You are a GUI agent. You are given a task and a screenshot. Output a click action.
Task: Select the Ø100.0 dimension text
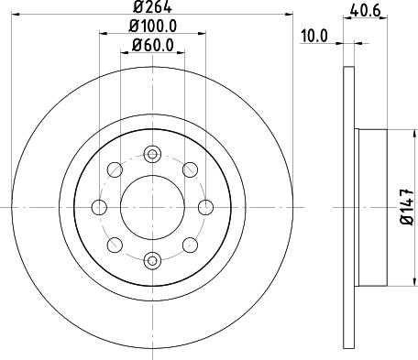(152, 27)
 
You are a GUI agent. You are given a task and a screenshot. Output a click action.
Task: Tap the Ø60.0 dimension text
(152, 45)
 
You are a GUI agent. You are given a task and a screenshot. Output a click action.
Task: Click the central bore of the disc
(152, 206)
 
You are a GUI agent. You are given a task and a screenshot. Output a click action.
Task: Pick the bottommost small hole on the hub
(152, 260)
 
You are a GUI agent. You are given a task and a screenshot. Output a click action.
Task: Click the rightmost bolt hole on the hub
(206, 206)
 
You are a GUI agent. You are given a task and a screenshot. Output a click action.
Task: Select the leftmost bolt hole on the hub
(98, 206)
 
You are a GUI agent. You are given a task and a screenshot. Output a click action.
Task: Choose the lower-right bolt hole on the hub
(190, 244)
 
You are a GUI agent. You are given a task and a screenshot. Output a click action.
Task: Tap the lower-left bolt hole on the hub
(115, 244)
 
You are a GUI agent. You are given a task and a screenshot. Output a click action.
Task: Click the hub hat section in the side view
(371, 206)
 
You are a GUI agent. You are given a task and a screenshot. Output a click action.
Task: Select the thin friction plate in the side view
(348, 206)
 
